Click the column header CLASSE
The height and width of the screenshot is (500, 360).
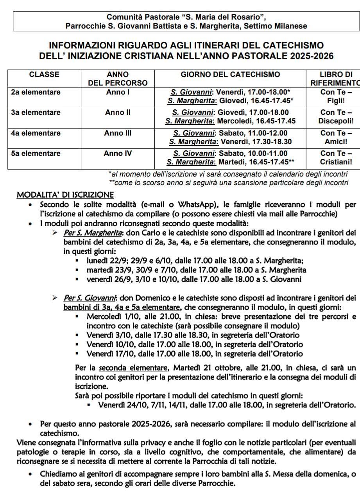coord(44,75)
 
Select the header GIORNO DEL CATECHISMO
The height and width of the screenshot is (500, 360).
coord(230,75)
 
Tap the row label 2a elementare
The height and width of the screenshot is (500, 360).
coord(36,93)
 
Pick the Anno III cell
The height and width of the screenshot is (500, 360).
coord(118,133)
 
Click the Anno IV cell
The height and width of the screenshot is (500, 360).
coord(118,154)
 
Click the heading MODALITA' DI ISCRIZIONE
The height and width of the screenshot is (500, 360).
coord(65,195)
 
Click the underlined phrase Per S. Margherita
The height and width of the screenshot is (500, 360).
coord(88,233)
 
